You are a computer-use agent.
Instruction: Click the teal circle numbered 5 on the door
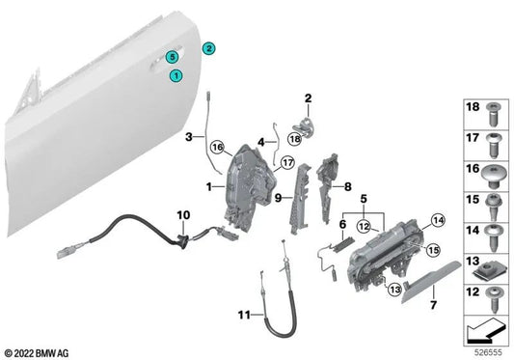(171, 57)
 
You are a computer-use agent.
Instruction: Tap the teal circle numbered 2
(208, 47)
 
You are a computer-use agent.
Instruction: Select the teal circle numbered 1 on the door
(176, 74)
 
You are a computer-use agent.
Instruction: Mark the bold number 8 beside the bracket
(349, 188)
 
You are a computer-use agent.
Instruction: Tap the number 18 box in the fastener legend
(473, 108)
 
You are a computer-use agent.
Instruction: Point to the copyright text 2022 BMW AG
(41, 352)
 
